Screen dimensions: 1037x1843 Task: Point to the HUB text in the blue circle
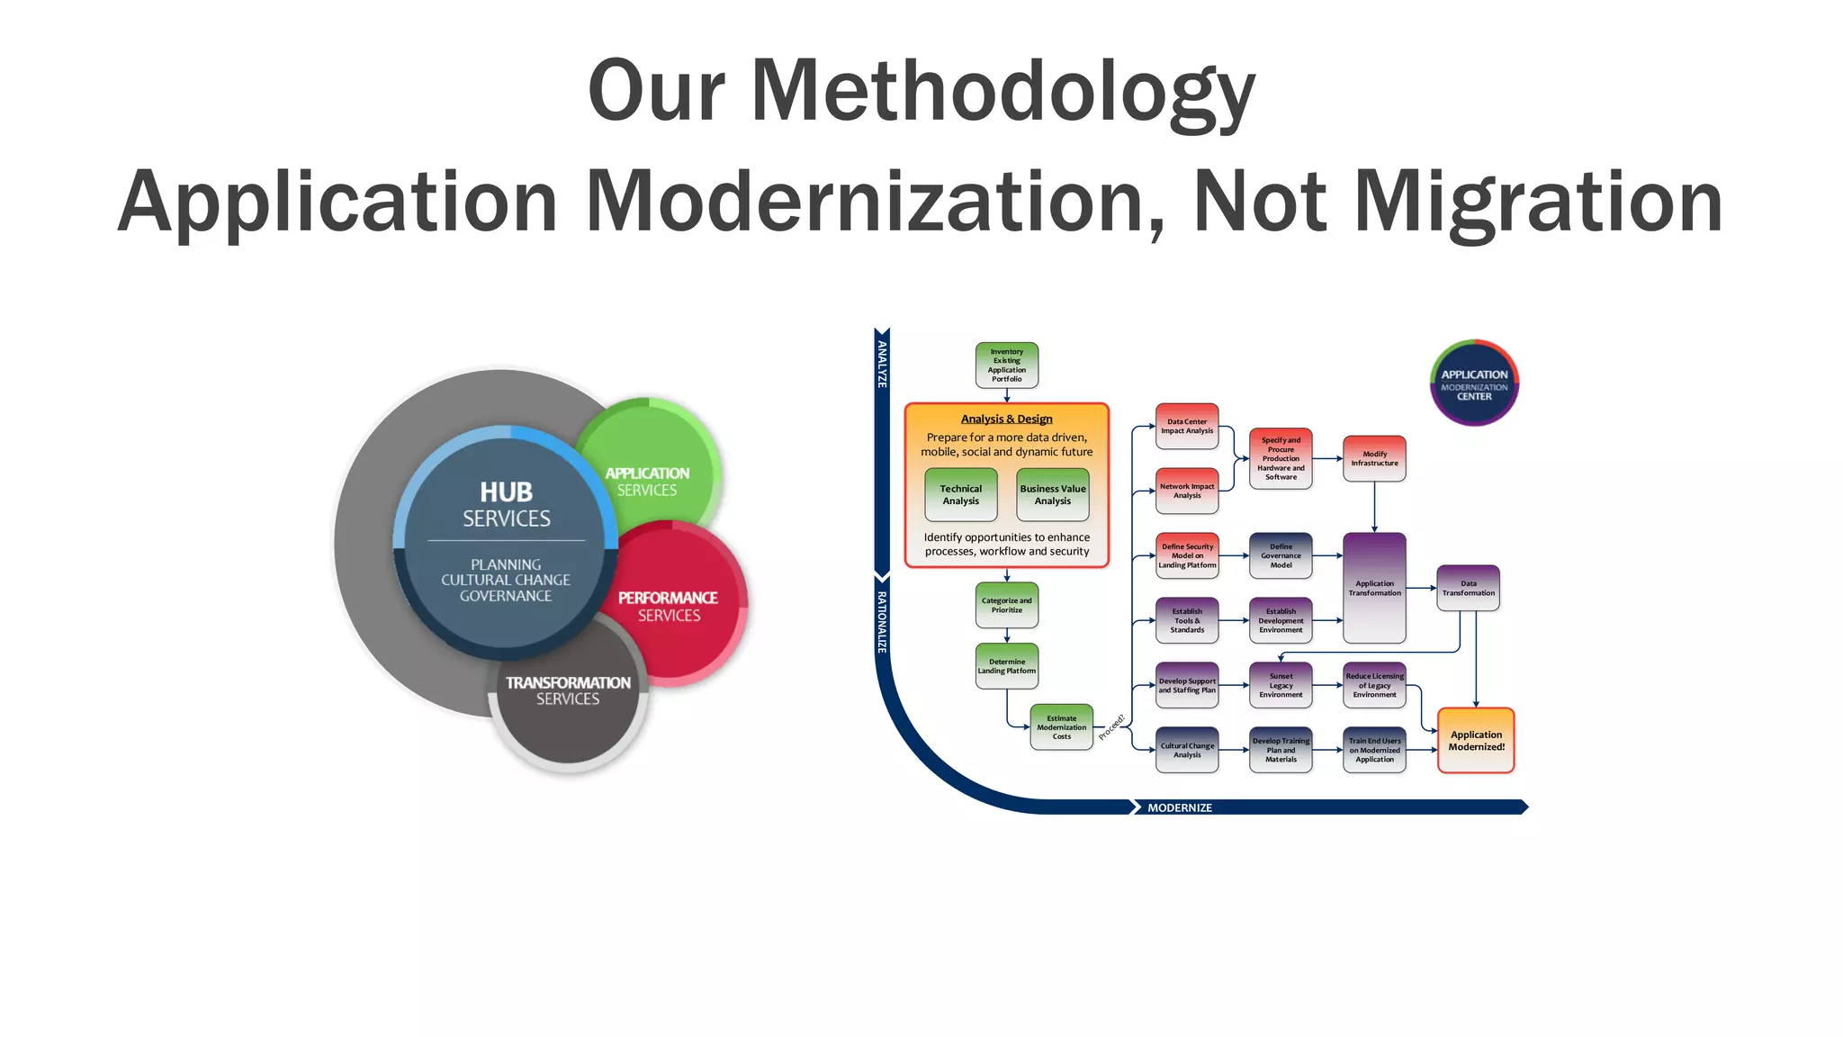[x=506, y=492]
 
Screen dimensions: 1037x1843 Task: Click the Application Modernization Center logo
[x=1474, y=383]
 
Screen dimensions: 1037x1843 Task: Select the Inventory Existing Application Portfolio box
[x=1007, y=365]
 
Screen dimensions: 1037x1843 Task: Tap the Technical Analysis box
[x=961, y=494]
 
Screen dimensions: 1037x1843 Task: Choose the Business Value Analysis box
[x=1053, y=494]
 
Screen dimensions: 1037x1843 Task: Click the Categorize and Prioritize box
[x=1007, y=605]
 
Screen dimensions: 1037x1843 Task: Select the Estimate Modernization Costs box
[x=1062, y=727]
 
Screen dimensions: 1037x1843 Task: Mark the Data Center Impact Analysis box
[x=1187, y=426]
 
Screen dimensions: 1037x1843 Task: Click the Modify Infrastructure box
[x=1374, y=458]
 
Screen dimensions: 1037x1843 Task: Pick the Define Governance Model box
[x=1281, y=555]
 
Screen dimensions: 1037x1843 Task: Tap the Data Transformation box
[x=1468, y=588]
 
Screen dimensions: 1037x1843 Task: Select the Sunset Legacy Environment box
[x=1281, y=685]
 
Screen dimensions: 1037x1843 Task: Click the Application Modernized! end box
[x=1476, y=740]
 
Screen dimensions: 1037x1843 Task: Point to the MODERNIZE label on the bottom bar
[x=1179, y=807]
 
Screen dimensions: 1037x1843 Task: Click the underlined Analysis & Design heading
[x=1006, y=419]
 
